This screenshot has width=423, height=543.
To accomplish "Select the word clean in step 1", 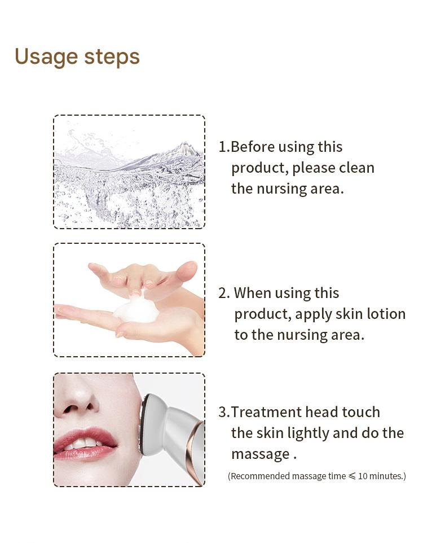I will coord(356,168).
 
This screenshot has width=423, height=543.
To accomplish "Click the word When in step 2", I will coord(252,293).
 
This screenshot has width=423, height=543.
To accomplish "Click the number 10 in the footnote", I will coord(363,476).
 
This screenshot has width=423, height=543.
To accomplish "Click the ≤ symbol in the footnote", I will coord(352,476).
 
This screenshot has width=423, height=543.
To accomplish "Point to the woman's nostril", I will coord(72,407).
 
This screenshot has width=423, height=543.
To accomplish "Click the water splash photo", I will coord(129,172).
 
